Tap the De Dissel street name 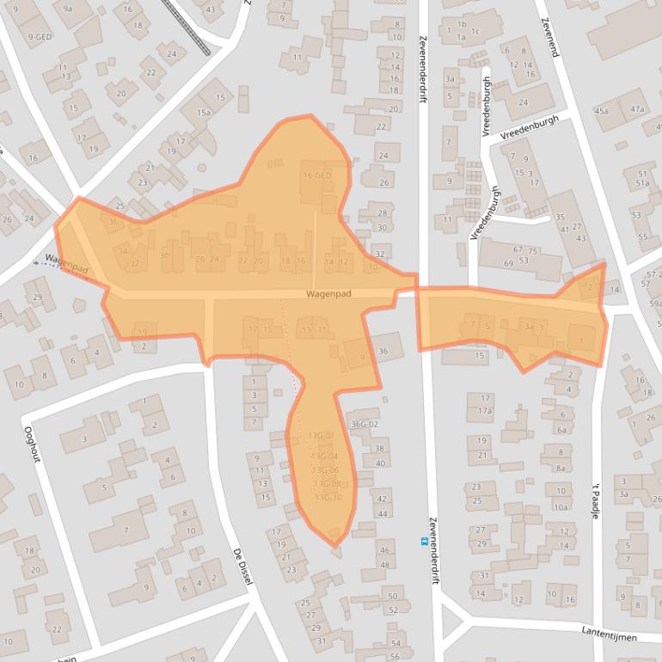243,568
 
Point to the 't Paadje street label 593,498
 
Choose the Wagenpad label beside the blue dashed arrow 67,261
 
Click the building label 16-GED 317,175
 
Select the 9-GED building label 40,37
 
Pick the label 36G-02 365,424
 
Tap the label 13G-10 328,497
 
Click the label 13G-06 325,470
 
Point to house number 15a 203,113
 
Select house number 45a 601,111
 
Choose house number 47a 637,109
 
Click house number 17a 486,411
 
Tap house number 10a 561,507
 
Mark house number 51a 642,183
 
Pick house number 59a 655,303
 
